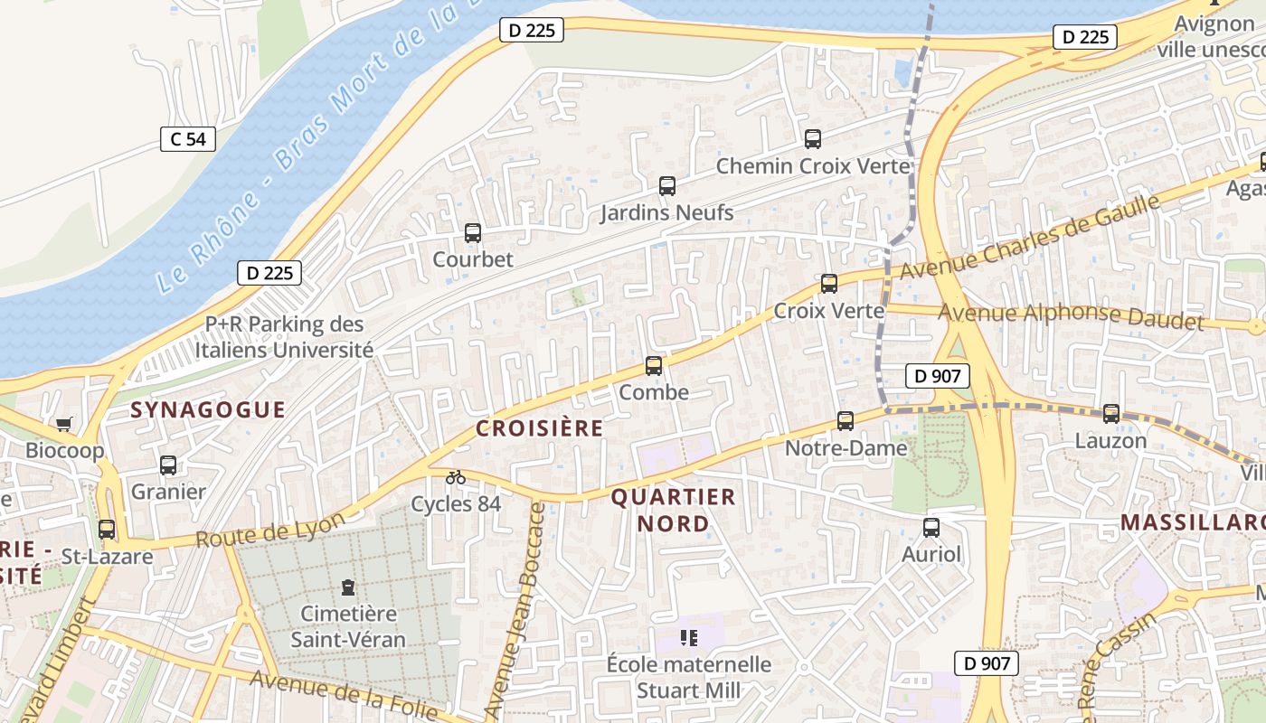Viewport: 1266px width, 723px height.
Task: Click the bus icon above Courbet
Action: point(473,233)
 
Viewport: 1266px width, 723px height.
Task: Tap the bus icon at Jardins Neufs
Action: point(667,186)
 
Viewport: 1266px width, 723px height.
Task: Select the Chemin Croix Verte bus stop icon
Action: point(813,139)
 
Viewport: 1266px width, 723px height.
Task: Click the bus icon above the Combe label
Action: point(654,366)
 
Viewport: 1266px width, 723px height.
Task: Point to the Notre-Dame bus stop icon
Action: point(846,421)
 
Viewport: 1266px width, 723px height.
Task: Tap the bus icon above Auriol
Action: point(931,528)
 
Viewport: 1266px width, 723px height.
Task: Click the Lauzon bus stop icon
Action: point(1111,414)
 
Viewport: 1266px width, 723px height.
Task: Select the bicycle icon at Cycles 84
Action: point(456,477)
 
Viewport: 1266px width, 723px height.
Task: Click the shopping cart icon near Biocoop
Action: point(63,424)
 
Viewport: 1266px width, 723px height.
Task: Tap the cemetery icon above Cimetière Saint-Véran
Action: point(348,587)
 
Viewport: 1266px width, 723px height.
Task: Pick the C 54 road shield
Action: point(188,139)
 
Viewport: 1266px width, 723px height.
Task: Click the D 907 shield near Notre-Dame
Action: point(937,376)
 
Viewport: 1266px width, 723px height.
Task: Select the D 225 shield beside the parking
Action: point(269,273)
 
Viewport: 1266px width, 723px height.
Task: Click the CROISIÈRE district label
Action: point(539,428)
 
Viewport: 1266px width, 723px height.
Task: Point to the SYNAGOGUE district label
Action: point(208,410)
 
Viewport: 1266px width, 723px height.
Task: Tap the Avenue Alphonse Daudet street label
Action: point(1072,316)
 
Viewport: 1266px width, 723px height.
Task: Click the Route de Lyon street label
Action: point(270,531)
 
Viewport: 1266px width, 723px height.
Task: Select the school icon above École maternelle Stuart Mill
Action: point(689,639)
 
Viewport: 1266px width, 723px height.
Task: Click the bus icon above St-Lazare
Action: point(107,530)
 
